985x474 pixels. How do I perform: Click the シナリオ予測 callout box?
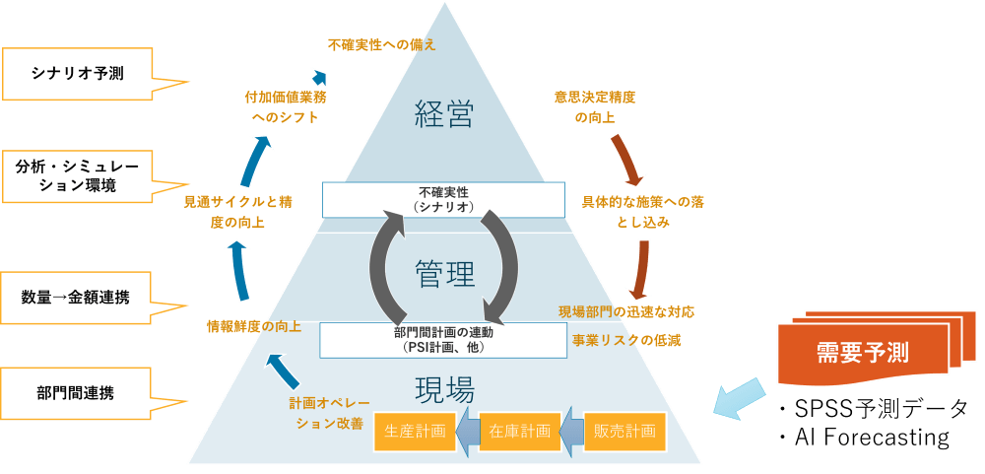pos(77,74)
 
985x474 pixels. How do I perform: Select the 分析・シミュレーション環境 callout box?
pos(77,175)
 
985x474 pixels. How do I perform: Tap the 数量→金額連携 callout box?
pos(77,297)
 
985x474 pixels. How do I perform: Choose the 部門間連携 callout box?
pos(77,393)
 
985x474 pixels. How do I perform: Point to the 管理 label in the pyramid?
pos(444,273)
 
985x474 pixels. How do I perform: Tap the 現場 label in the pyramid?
pos(444,385)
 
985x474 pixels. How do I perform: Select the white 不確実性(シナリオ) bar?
pos(443,199)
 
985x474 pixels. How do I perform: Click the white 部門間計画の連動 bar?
pos(443,340)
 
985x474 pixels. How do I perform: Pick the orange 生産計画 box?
pos(415,432)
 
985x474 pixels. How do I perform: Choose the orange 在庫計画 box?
pos(520,432)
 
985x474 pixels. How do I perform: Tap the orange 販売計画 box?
pos(624,432)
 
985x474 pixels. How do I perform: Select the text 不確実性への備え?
pos(381,44)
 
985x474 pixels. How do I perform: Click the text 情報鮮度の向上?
pos(253,326)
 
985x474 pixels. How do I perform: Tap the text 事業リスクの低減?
pos(626,340)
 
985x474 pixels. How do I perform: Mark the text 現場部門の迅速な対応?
pos(626,311)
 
